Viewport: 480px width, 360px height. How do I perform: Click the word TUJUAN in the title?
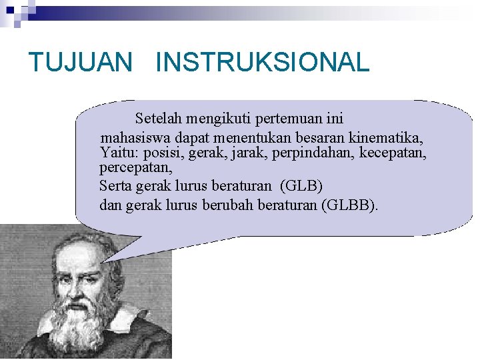81,63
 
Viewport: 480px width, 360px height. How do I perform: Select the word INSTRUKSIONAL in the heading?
262,63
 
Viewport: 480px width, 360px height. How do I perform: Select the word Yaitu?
117,153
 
